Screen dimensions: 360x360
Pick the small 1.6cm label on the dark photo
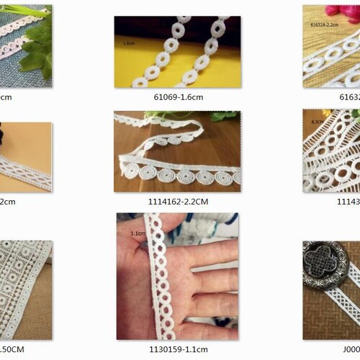pos(129,42)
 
